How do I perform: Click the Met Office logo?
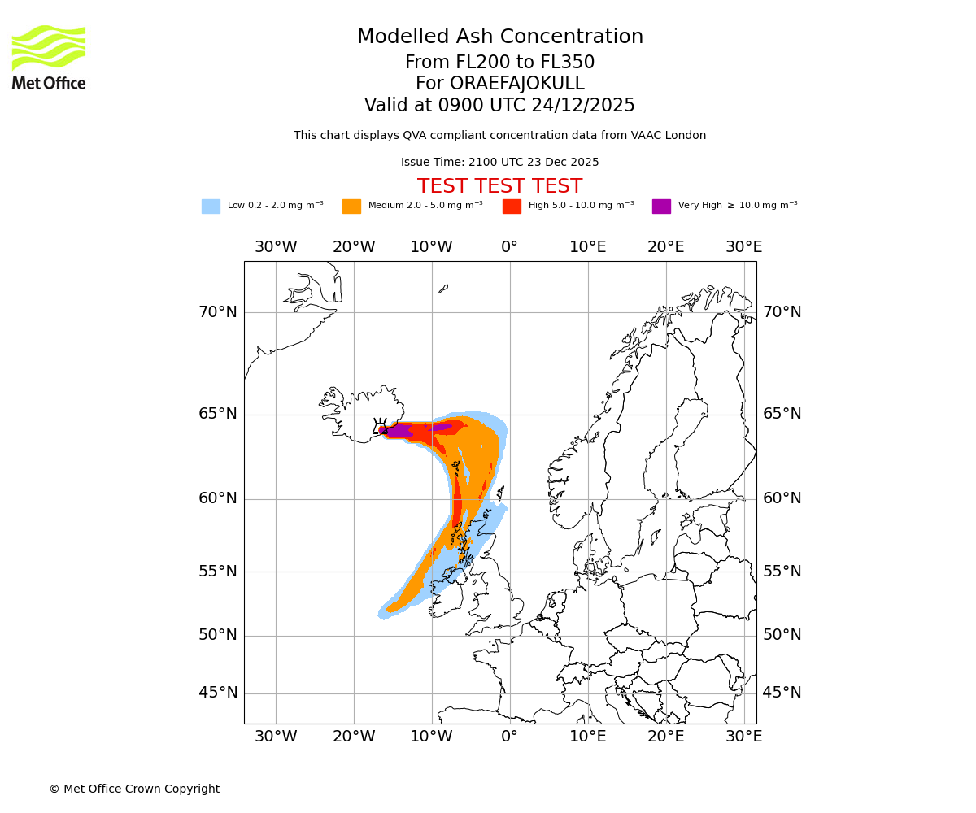[x=49, y=57]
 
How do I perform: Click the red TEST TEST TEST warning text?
[x=499, y=186]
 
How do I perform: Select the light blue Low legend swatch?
[x=211, y=206]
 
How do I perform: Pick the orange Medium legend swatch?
[x=351, y=206]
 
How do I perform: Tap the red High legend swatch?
[x=512, y=206]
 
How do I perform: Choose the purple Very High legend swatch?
[x=661, y=206]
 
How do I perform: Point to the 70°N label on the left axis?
[x=218, y=312]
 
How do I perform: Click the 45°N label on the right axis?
[x=782, y=693]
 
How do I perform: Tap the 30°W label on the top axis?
[x=276, y=247]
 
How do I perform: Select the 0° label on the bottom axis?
[x=509, y=737]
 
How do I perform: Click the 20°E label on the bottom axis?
[x=665, y=737]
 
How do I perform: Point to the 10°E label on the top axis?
[x=587, y=247]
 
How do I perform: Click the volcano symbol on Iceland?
[x=380, y=426]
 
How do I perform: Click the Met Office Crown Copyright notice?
[x=134, y=789]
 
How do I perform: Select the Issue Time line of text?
[x=499, y=162]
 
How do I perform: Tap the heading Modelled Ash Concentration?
[x=499, y=37]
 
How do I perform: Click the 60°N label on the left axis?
[x=218, y=498]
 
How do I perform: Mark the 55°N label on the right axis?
[x=782, y=572]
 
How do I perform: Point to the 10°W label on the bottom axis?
[x=431, y=737]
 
